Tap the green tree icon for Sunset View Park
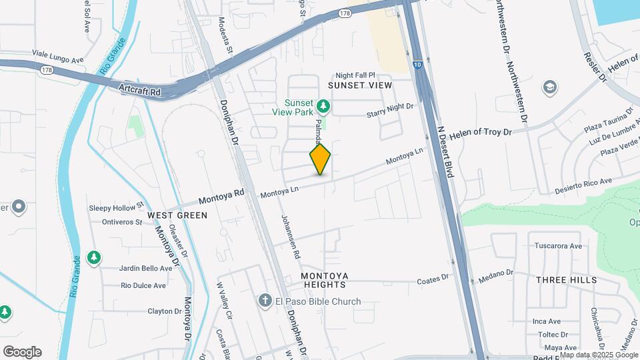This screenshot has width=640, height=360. pos(323,105)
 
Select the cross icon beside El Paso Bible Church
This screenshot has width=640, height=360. pos(265,301)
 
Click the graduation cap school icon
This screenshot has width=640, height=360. pos(550,87)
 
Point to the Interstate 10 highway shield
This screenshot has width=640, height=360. pos(417,64)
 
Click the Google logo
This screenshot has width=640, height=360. pos(22,352)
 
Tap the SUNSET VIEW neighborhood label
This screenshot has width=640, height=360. pos(360,86)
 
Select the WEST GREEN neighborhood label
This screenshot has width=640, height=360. pos(177,215)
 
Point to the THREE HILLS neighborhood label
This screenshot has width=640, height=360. pos(567,280)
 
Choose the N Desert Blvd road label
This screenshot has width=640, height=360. pos(445,152)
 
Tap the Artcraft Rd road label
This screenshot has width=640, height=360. pos(140,89)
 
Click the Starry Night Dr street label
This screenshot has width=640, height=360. pos(390,111)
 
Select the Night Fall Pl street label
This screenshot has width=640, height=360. pos(356,75)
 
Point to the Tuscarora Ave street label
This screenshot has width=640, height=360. pos(558,246)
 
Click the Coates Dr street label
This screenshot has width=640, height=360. pos(434,281)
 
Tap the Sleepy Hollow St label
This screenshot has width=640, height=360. pos(116,208)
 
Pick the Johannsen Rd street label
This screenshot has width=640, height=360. pos(291,237)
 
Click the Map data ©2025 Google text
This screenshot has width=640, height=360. pos(599,355)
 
